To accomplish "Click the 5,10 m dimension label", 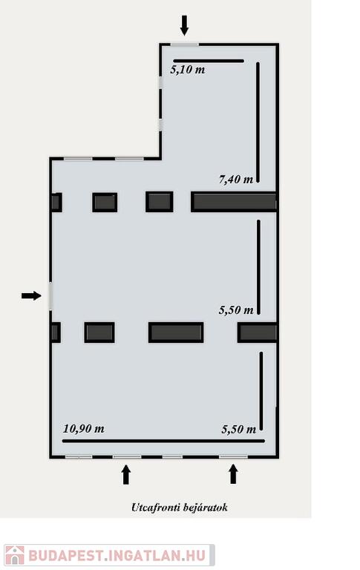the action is [x=188, y=70].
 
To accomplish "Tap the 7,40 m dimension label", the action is [x=236, y=179].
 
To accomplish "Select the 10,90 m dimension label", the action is [x=84, y=428].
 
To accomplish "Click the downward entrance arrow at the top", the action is [x=185, y=25].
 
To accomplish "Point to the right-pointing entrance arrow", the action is [x=31, y=295].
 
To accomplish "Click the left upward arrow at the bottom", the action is [x=126, y=475].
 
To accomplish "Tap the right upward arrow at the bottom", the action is [x=233, y=474].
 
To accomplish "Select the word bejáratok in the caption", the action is [x=206, y=507].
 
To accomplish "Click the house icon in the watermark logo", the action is [x=15, y=555].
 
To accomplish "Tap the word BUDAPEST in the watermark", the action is [x=65, y=555].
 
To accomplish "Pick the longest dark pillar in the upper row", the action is [x=234, y=202].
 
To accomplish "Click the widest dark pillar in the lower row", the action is [x=176, y=332].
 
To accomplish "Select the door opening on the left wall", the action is [x=50, y=296].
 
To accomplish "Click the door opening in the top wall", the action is [x=185, y=45].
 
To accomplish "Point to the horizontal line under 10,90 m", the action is [x=163, y=441].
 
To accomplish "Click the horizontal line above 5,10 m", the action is [x=209, y=61].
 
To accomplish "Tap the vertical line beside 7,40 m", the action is [x=258, y=122].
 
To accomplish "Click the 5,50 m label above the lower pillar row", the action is [x=236, y=309].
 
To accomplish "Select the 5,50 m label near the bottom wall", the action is [x=239, y=429].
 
